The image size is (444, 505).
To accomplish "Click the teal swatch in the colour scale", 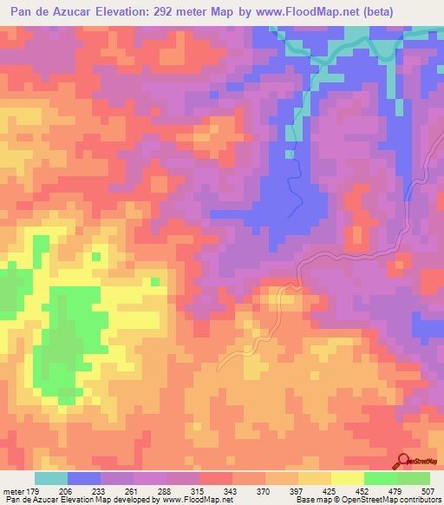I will point(50,478).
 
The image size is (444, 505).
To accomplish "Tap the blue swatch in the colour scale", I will point(84,478).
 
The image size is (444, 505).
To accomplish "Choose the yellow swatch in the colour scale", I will point(347,478).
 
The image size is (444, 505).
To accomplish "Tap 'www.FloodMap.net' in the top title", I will point(306,12).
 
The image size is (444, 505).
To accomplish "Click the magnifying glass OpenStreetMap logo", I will point(404,461).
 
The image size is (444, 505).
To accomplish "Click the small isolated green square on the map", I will point(154,281).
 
